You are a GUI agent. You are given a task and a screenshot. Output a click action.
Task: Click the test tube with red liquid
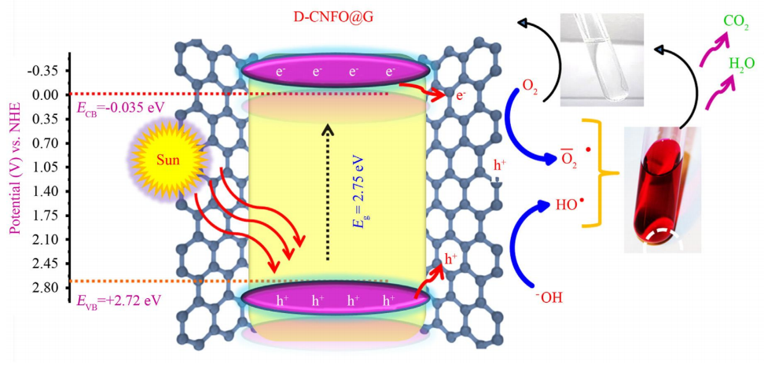pyautogui.click(x=663, y=189)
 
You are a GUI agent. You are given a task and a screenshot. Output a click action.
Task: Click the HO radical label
pyautogui.click(x=570, y=205)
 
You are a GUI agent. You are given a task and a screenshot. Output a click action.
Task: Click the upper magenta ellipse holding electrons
pyautogui.click(x=336, y=72)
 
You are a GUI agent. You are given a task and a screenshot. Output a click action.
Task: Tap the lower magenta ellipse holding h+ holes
pyautogui.click(x=336, y=299)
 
